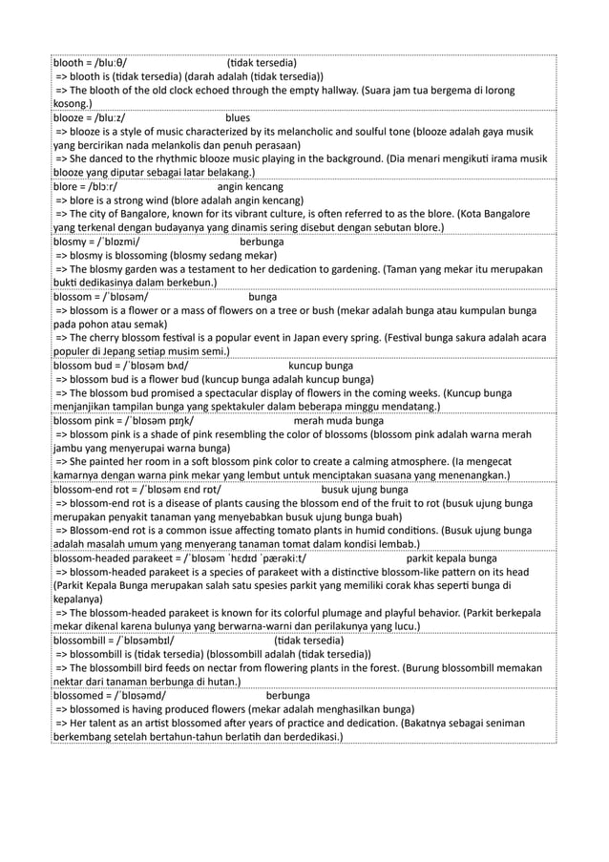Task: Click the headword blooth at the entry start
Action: tap(70, 60)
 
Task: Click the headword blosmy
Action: tap(72, 242)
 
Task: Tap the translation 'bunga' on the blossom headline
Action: tap(263, 298)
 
